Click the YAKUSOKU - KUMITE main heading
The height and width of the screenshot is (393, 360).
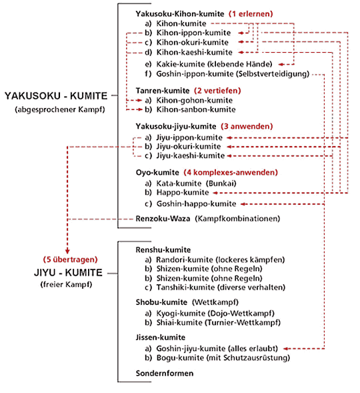[x=56, y=95]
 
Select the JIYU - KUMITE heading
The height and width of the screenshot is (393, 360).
[x=68, y=272]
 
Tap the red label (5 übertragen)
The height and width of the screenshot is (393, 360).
[x=71, y=259]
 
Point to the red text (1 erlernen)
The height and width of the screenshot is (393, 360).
[x=251, y=13]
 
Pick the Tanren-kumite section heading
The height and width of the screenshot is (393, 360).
[x=163, y=91]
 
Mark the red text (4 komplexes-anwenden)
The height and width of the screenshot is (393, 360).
[x=231, y=172]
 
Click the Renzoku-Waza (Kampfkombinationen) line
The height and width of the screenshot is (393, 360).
[x=208, y=219]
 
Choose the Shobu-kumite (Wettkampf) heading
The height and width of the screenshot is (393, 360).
[x=187, y=302]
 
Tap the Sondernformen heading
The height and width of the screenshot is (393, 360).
[x=165, y=373]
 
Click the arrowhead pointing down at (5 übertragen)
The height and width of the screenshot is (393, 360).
[x=67, y=251]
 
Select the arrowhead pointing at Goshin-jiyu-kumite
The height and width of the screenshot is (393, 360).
[x=286, y=349]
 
